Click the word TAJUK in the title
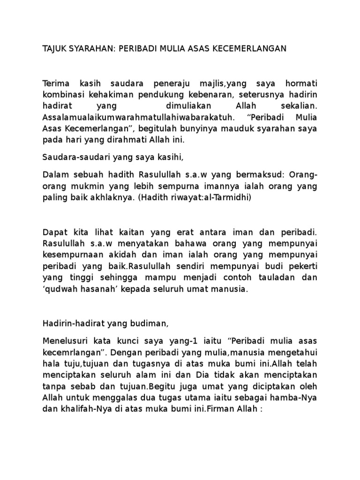click(55, 48)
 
